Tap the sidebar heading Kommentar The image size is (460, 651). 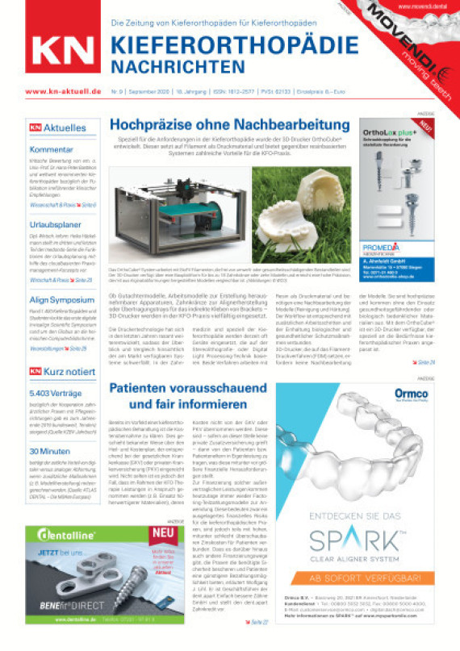[47, 149]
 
